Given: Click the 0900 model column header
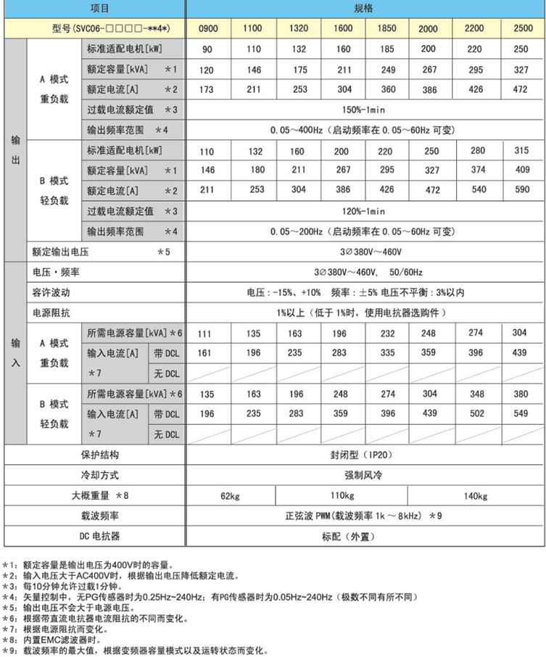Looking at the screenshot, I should (207, 28).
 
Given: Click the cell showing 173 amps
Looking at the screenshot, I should (207, 89).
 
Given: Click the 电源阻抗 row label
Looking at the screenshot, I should (49, 313).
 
